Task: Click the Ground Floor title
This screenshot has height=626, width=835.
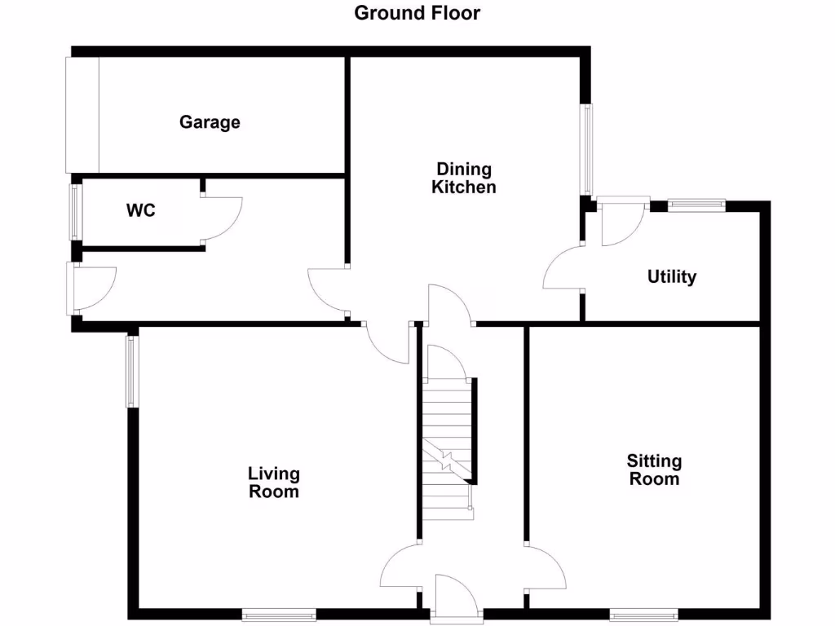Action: pyautogui.click(x=417, y=13)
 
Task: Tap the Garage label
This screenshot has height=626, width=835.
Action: pyautogui.click(x=210, y=122)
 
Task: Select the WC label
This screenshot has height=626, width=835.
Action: pyautogui.click(x=140, y=210)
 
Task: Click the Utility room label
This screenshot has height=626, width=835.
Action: pyautogui.click(x=672, y=277)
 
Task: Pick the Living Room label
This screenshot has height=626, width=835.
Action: pyautogui.click(x=274, y=482)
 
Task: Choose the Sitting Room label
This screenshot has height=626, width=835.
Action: pyautogui.click(x=654, y=469)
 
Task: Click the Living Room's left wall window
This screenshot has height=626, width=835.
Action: pyautogui.click(x=131, y=372)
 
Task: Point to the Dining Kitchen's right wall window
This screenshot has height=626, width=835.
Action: pyautogui.click(x=586, y=149)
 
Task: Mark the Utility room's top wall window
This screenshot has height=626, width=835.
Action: pyautogui.click(x=696, y=205)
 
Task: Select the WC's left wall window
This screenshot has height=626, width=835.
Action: pyautogui.click(x=76, y=212)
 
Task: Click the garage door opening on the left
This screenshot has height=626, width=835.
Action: pyautogui.click(x=82, y=114)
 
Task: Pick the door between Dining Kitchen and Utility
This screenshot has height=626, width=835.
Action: pyautogui.click(x=563, y=269)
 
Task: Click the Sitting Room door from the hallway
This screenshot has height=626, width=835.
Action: pyautogui.click(x=545, y=566)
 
